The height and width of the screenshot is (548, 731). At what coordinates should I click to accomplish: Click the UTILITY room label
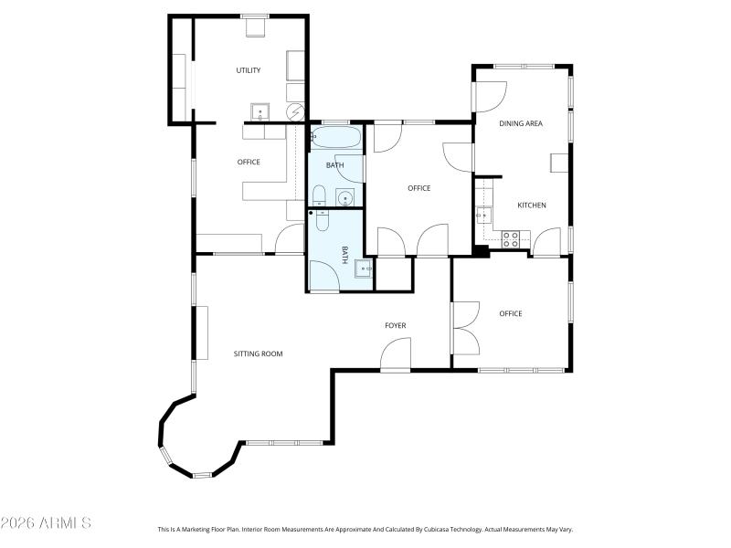pos(249,70)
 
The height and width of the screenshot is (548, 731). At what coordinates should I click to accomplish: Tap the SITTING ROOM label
pos(259,353)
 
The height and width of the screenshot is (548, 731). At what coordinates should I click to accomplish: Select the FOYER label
pos(395,325)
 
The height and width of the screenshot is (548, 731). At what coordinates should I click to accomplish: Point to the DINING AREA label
pos(521,122)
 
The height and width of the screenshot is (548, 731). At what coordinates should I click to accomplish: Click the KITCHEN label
pos(532,205)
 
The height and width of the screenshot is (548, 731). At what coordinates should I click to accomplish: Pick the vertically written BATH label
pos(345,255)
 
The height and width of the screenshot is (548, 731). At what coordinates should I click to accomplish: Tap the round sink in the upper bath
pos(346,198)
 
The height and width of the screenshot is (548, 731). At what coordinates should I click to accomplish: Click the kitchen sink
pos(484,216)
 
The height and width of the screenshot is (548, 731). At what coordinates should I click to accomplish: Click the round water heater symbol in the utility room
pos(296,112)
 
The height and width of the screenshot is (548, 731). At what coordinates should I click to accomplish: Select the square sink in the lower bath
pos(363,269)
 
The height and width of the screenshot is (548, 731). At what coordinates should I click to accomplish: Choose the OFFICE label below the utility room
pos(249,163)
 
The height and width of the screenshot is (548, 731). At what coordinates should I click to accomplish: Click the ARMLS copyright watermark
pos(46,523)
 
